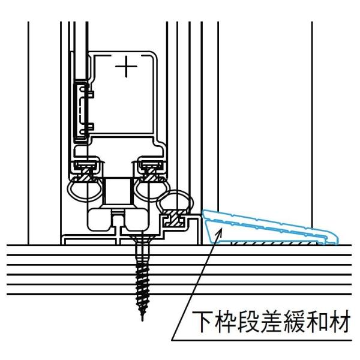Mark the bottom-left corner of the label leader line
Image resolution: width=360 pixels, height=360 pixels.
pos(171,341)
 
